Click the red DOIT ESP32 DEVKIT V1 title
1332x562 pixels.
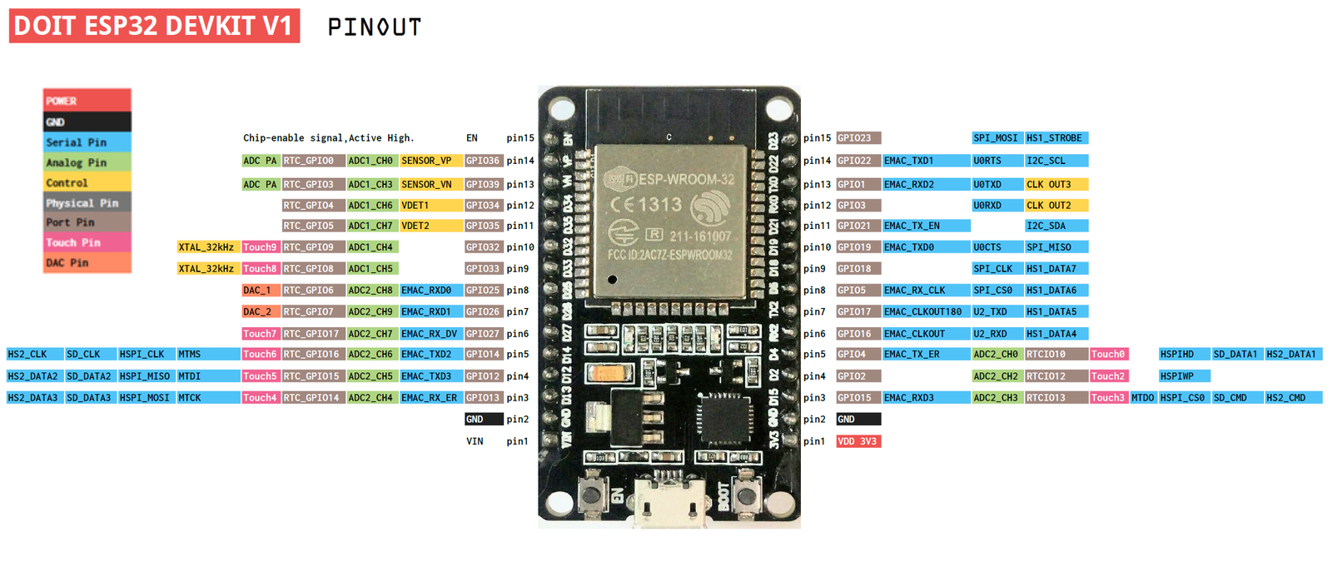pyautogui.click(x=154, y=26)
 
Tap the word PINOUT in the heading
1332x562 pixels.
pyautogui.click(x=374, y=27)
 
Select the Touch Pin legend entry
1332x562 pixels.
pyautogui.click(x=87, y=242)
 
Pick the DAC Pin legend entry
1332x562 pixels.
pyautogui.click(x=87, y=263)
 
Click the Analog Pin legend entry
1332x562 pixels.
pyautogui.click(x=87, y=162)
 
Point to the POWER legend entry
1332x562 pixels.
pyautogui.click(x=87, y=101)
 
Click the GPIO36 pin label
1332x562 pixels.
pyautogui.click(x=483, y=161)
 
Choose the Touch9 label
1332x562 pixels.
pyautogui.click(x=260, y=247)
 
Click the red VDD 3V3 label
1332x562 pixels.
pyautogui.click(x=857, y=441)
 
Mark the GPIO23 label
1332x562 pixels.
pyautogui.click(x=857, y=138)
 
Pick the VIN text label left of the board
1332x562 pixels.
pyautogui.click(x=475, y=441)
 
